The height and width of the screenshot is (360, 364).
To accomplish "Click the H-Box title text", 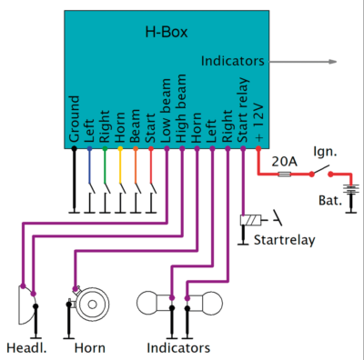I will pos(167,33).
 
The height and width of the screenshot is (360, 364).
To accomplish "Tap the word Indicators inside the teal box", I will pos(233,62).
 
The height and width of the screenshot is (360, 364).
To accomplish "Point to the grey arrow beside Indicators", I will pos(309,63).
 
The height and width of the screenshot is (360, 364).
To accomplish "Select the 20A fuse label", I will pos(285,161).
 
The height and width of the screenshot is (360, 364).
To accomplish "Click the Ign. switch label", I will pos(326,151).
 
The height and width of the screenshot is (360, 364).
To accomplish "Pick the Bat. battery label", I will pos(330,198).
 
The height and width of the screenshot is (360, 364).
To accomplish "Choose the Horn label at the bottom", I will pos(89,347).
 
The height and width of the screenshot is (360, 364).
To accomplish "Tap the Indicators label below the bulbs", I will pos(178,347).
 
